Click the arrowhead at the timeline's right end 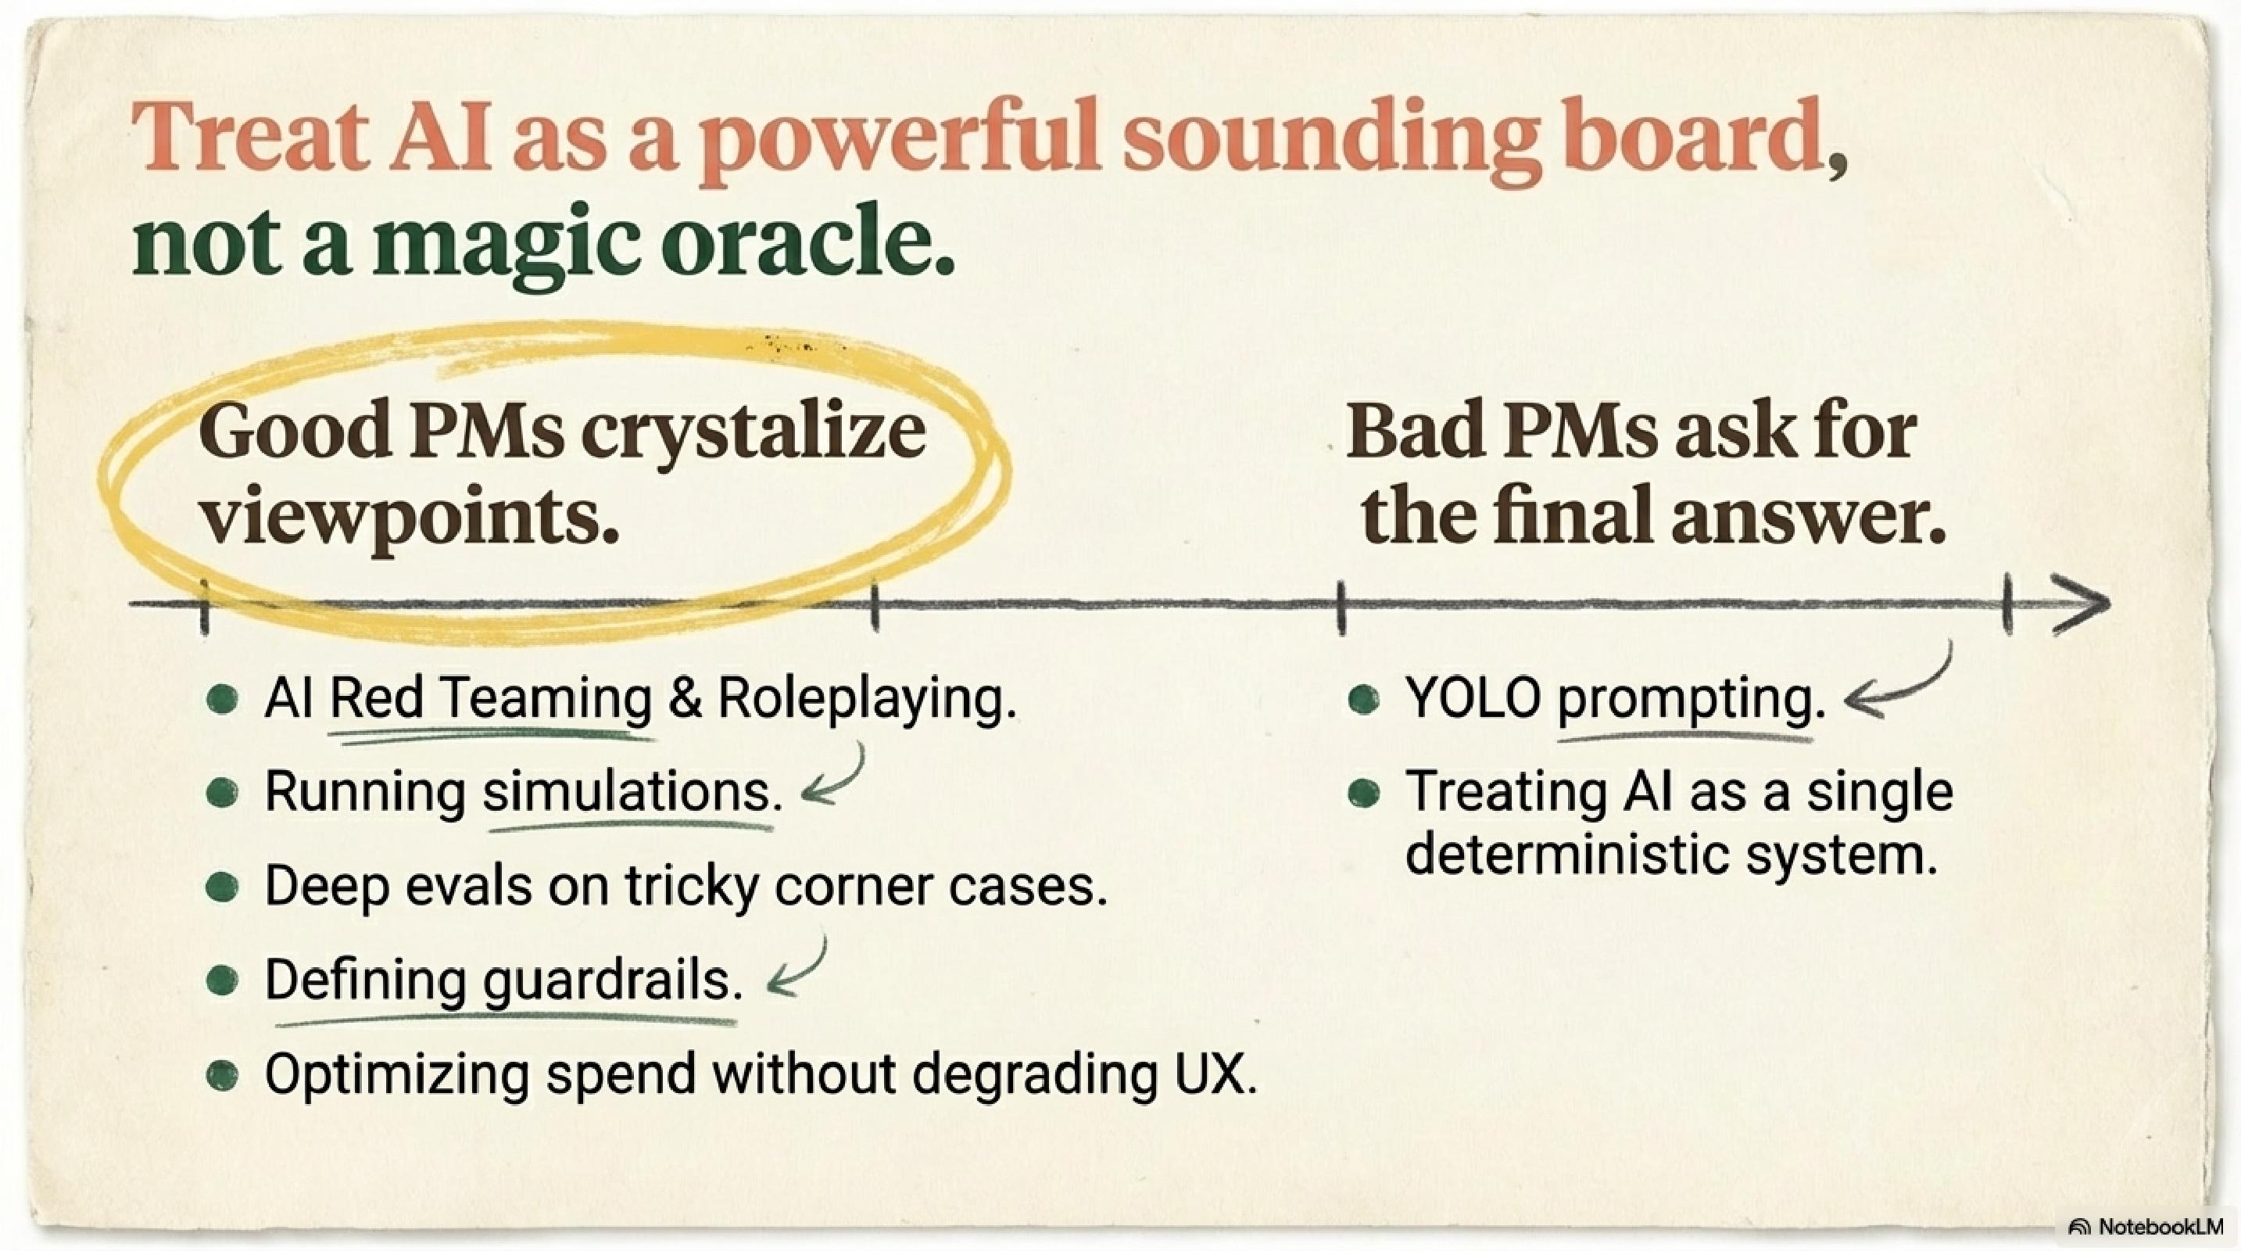pyautogui.click(x=2085, y=603)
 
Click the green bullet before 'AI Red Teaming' pyautogui.click(x=223, y=700)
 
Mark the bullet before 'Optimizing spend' pyautogui.click(x=223, y=1075)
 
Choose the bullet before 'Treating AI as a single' pyautogui.click(x=1363, y=793)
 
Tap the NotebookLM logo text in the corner pyautogui.click(x=2157, y=1227)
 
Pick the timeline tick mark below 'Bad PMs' pyautogui.click(x=1341, y=607)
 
